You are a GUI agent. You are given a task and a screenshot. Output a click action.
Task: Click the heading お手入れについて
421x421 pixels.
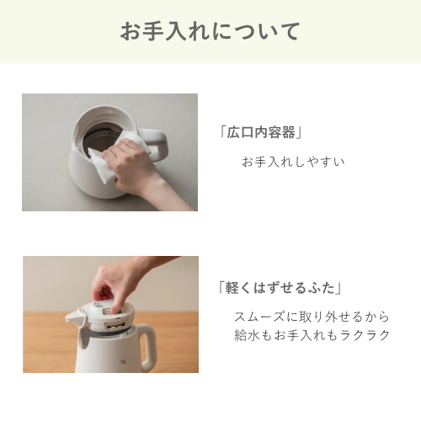tap(210, 31)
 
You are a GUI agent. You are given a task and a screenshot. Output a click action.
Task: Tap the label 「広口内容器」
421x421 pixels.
tap(261, 132)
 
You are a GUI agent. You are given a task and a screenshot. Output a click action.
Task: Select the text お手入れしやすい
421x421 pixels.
tap(293, 162)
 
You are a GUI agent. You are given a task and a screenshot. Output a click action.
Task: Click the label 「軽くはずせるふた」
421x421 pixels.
tap(280, 288)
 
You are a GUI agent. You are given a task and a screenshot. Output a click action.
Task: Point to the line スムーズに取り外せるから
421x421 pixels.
tap(312, 317)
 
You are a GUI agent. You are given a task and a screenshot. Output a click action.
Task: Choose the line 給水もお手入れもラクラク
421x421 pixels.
tap(312, 335)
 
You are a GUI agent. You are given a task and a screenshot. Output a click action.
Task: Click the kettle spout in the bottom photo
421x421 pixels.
tap(74, 317)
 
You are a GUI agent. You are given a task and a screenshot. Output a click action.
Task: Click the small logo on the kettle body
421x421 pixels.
tap(123, 361)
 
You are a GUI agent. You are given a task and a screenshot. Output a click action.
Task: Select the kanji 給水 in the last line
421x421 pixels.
tap(247, 335)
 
